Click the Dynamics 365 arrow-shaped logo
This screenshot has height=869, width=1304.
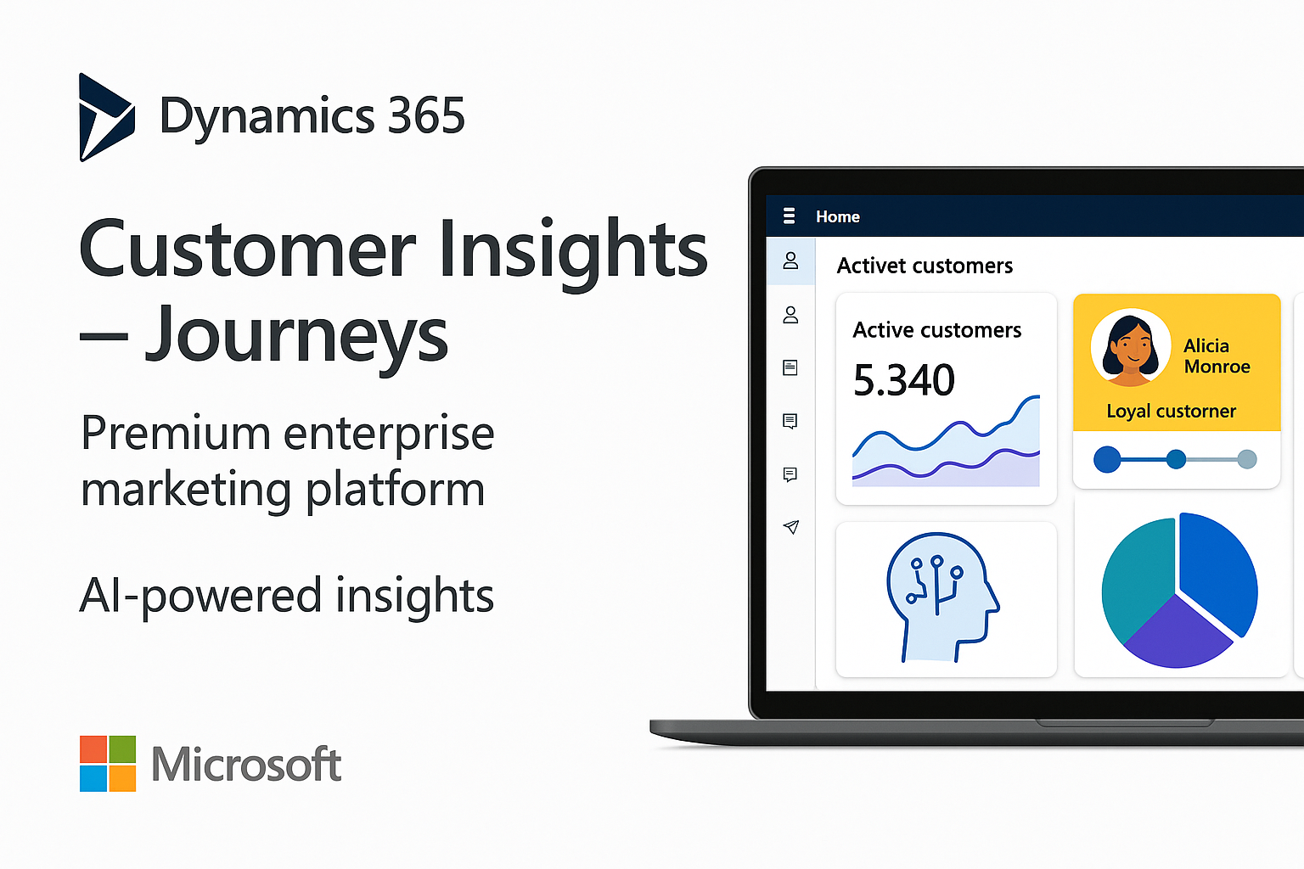pos(105,117)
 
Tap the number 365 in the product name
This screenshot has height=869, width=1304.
pos(426,115)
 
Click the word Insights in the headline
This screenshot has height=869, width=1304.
pos(573,249)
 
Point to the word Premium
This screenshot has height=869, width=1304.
pos(176,433)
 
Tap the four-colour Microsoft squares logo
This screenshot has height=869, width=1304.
pos(108,764)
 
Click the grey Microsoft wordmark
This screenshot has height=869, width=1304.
pos(246,765)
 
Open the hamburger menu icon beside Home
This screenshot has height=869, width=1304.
pos(789,216)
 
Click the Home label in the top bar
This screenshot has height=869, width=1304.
pos(838,216)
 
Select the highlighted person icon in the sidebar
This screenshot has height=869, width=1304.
pos(790,261)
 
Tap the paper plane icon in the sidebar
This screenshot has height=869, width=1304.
pos(790,527)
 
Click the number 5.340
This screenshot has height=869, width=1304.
pos(903,380)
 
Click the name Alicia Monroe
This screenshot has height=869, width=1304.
pos(1216,356)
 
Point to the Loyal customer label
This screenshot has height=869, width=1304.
pos(1171,412)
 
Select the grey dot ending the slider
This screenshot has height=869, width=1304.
pos(1246,459)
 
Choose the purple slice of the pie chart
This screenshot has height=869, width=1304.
pos(1176,636)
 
